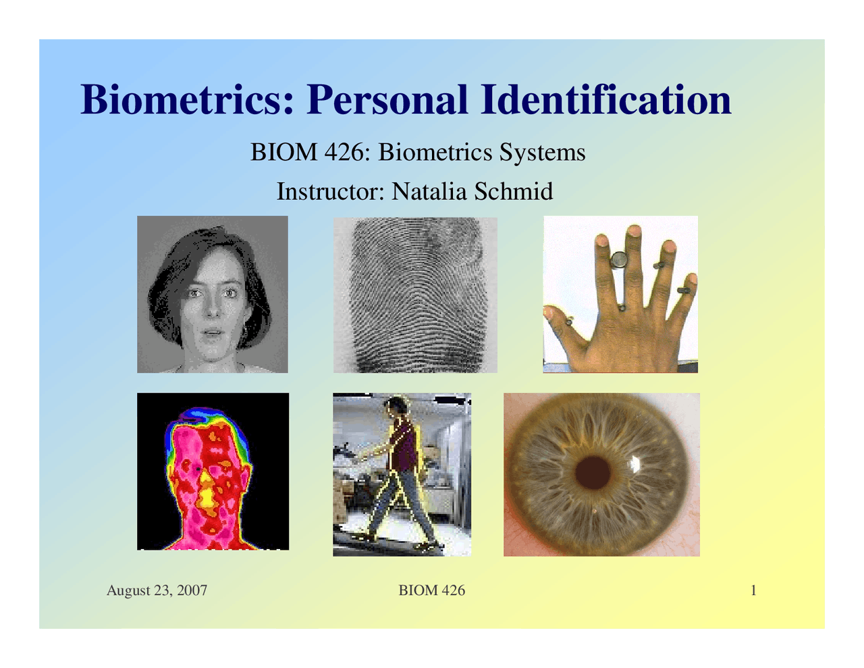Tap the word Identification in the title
tap(605, 100)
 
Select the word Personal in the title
tap(387, 100)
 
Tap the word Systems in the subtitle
tap(543, 152)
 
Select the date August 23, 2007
tap(157, 590)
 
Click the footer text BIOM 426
tap(431, 590)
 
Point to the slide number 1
tap(753, 590)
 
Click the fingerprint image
tap(415, 294)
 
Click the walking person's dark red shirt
tap(404, 446)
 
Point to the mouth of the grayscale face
tap(213, 333)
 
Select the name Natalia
tap(429, 191)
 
